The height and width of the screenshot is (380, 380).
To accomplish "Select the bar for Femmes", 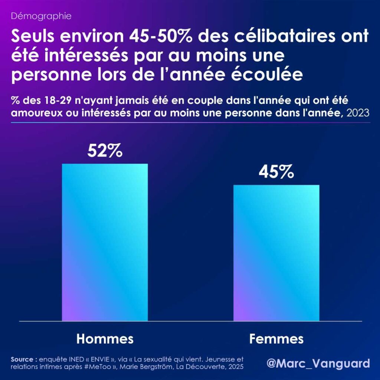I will (276, 252).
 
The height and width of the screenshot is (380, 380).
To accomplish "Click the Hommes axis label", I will (105, 338).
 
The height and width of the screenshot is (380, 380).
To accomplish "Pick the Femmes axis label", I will (276, 338).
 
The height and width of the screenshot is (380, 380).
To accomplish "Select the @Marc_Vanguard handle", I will (318, 363).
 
